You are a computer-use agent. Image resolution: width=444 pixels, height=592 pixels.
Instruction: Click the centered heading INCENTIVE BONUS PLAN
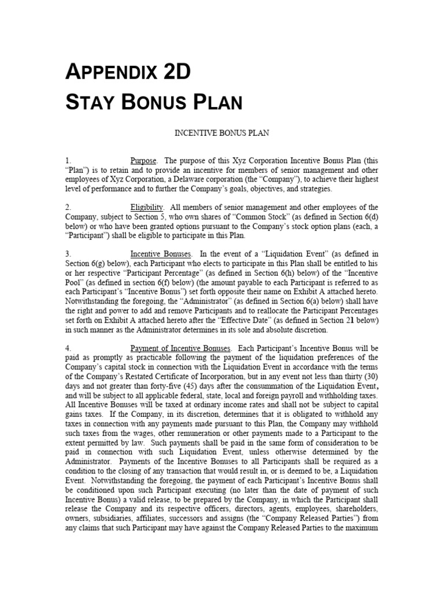tap(221, 133)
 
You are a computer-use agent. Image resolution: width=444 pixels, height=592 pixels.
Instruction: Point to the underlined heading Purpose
tap(144, 160)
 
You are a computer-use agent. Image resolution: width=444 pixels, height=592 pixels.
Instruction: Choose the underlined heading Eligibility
tap(147, 207)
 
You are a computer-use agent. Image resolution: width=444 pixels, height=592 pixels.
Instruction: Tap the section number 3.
tap(68, 254)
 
